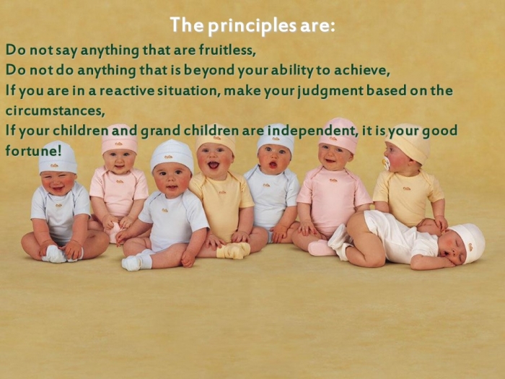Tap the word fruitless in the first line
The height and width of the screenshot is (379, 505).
click(227, 50)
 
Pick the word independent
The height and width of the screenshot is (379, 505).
click(312, 131)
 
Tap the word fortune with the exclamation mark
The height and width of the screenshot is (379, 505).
click(33, 150)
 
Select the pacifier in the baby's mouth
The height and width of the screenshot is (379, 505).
click(386, 163)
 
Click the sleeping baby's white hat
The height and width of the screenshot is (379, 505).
click(469, 243)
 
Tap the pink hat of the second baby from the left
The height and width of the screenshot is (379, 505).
click(120, 139)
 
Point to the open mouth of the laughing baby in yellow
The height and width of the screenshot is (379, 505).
click(214, 165)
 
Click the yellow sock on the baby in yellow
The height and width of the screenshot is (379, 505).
click(234, 250)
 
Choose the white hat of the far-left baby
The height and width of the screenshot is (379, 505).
click(58, 157)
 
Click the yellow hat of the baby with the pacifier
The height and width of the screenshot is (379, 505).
click(408, 141)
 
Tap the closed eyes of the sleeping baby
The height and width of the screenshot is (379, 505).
click(457, 250)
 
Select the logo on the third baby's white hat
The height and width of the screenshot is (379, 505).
click(167, 157)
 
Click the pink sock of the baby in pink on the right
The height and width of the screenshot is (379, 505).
click(320, 248)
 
